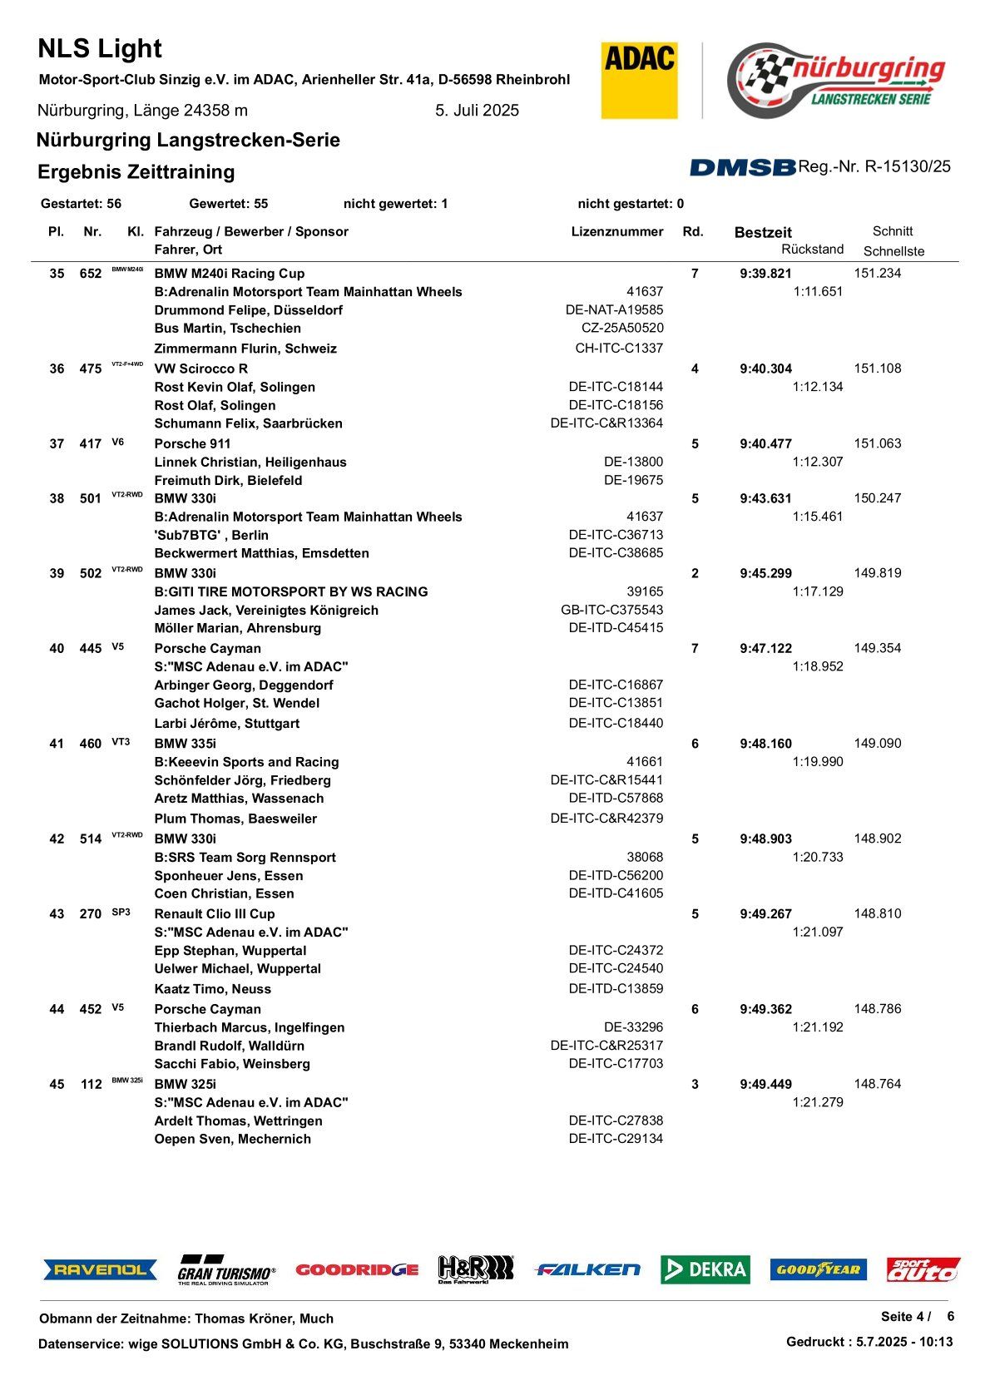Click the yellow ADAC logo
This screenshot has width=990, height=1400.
(639, 81)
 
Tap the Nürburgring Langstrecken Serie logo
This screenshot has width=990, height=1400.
(836, 81)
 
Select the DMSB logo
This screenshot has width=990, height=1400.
(742, 168)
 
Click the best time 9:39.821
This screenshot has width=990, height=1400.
(765, 274)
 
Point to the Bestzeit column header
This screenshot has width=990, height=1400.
(763, 233)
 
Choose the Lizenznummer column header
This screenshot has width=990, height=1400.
(616, 232)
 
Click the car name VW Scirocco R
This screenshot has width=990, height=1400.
(201, 369)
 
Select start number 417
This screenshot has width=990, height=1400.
(91, 444)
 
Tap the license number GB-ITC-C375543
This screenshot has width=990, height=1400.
(612, 610)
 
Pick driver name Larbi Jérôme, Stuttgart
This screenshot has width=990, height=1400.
(227, 724)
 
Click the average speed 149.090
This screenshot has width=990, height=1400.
(877, 744)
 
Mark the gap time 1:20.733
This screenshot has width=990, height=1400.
(818, 857)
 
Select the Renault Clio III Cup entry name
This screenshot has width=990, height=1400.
(215, 914)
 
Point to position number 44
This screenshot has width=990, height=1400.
(57, 1010)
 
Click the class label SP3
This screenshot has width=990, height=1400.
(121, 913)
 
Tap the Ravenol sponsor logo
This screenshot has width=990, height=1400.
(100, 1269)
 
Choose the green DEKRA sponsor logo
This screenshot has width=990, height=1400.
(705, 1269)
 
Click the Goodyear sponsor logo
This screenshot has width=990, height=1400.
(818, 1269)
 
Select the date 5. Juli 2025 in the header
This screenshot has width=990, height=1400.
(477, 111)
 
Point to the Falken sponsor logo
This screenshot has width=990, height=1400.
(587, 1269)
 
